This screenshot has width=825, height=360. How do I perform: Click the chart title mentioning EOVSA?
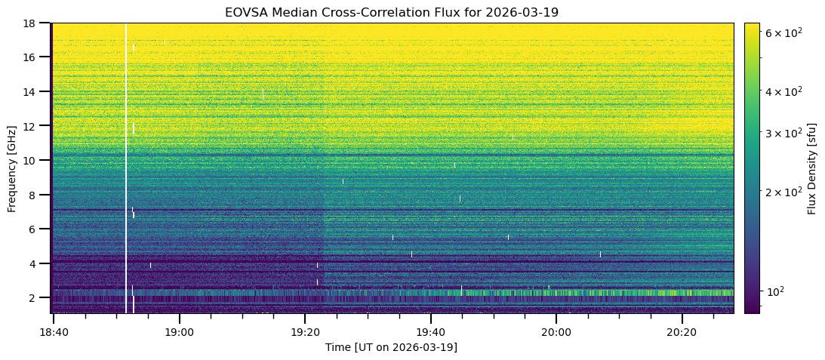(391, 13)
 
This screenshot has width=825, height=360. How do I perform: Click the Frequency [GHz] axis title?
(12, 168)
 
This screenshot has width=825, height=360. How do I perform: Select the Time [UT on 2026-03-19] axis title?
(391, 347)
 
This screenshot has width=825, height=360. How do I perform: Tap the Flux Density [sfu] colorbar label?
(812, 168)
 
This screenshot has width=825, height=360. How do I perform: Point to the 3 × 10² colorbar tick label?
(782, 133)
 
